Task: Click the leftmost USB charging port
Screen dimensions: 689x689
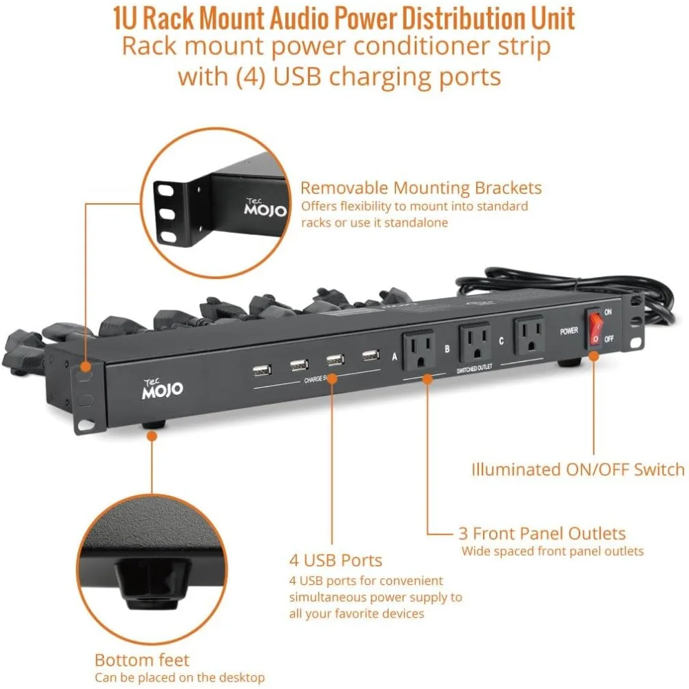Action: coord(261,371)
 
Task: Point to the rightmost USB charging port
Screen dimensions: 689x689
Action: coord(371,356)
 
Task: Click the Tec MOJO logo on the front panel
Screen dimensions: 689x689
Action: coord(163,389)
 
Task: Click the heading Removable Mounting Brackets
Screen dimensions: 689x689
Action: coord(421,188)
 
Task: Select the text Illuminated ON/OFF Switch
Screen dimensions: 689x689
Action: coord(577,470)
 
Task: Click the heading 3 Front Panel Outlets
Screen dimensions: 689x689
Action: coord(542,533)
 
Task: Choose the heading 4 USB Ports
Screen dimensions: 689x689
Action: coord(336,560)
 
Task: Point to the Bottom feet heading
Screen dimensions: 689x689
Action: coord(142,659)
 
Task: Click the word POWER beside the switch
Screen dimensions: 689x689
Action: coord(568,331)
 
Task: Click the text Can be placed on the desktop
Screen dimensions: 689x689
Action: coord(179,677)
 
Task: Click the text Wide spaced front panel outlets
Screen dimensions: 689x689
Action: coord(553,551)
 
